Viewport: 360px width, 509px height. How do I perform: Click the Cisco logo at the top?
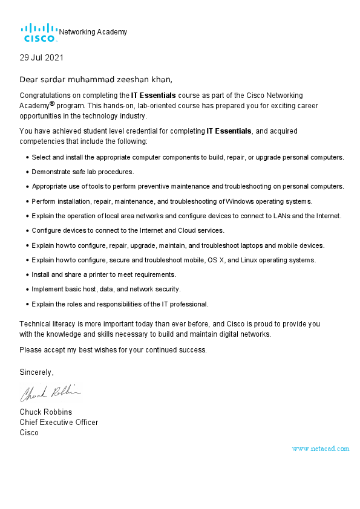pyautogui.click(x=39, y=33)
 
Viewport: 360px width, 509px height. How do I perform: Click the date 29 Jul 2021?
pyautogui.click(x=41, y=58)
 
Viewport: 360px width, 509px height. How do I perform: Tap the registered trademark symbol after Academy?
pyautogui.click(x=53, y=103)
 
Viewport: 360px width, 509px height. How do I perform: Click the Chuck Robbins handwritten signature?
pyautogui.click(x=50, y=394)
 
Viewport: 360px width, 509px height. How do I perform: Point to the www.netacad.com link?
pyautogui.click(x=320, y=449)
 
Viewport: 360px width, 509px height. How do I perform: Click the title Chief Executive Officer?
pyautogui.click(x=59, y=422)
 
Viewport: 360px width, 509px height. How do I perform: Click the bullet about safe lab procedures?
pyautogui.click(x=83, y=172)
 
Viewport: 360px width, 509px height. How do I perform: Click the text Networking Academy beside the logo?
pyautogui.click(x=93, y=32)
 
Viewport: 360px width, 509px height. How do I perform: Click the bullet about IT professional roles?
pyautogui.click(x=120, y=303)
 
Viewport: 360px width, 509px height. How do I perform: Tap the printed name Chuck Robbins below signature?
pyautogui.click(x=46, y=412)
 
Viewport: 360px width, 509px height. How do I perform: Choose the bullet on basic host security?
pyautogui.click(x=106, y=289)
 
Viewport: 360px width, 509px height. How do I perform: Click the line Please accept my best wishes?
pyautogui.click(x=113, y=349)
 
